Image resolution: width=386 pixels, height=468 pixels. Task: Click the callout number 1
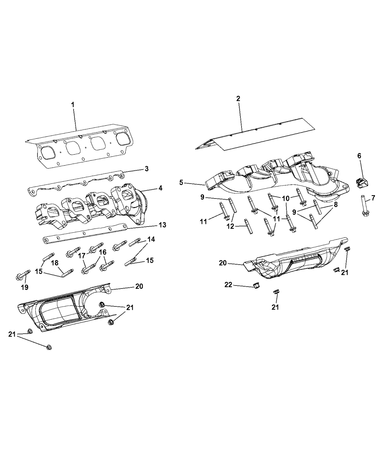pyautogui.click(x=73, y=105)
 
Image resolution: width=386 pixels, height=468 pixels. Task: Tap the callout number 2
pyautogui.click(x=238, y=98)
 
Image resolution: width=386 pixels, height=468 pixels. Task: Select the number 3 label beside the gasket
pyautogui.click(x=146, y=169)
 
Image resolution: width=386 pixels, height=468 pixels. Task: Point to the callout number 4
pyautogui.click(x=160, y=188)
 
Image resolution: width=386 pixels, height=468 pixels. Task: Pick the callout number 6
pyautogui.click(x=359, y=156)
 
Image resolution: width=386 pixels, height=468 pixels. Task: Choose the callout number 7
pyautogui.click(x=373, y=198)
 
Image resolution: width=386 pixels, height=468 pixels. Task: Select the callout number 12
pyautogui.click(x=230, y=226)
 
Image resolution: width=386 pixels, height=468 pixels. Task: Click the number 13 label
pyautogui.click(x=162, y=225)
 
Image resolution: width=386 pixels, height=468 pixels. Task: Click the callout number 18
pyautogui.click(x=54, y=263)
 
